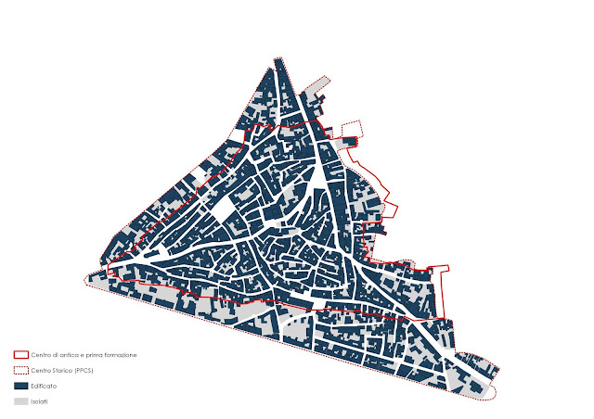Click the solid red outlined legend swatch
(x=20, y=354)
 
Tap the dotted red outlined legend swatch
(x=20, y=370)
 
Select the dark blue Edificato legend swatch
(x=20, y=386)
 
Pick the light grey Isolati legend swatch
(x=20, y=401)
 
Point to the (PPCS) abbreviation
(x=84, y=370)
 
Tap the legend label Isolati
(x=40, y=401)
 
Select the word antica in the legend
(x=69, y=354)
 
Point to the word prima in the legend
(x=93, y=354)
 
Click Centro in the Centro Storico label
(x=40, y=370)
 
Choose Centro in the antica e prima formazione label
(x=40, y=354)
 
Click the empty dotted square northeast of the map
(x=351, y=129)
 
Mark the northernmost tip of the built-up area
(x=278, y=60)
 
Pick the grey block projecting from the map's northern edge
(x=317, y=84)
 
